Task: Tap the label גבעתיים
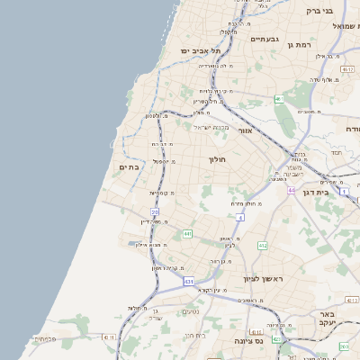point(266,39)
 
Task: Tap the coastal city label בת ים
point(130,166)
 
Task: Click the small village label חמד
point(336,153)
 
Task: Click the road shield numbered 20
point(155,211)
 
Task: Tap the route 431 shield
point(188,282)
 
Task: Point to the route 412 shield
point(263,245)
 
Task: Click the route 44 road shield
point(292,190)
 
